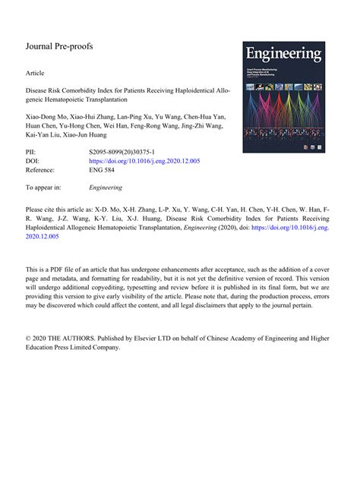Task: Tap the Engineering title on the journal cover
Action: pos(283,55)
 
